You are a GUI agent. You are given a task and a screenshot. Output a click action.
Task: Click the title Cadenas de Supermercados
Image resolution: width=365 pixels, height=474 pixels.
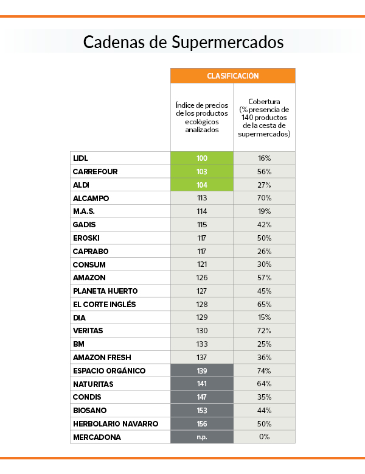click(182, 42)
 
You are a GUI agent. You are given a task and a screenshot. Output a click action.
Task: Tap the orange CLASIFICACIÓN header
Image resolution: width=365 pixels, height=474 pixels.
click(233, 76)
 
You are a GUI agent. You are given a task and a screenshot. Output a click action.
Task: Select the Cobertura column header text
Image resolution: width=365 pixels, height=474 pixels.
click(264, 117)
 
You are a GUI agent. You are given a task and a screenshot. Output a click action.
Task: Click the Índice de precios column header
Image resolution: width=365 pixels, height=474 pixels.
click(202, 117)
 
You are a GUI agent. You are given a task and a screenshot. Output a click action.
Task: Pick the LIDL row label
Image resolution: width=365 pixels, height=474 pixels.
click(80, 158)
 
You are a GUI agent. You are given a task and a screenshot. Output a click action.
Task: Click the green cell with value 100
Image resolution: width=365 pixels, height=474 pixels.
click(202, 158)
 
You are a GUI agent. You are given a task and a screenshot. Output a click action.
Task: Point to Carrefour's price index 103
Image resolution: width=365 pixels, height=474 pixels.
click(202, 172)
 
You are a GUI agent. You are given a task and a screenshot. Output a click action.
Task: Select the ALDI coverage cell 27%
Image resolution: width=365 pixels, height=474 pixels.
click(264, 185)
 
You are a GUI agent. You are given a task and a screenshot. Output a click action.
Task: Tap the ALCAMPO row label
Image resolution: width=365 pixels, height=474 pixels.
click(91, 199)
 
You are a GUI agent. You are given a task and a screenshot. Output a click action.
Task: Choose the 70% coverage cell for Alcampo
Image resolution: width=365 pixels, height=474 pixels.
click(264, 199)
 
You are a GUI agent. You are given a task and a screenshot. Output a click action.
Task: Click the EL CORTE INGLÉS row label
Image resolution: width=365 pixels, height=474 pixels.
click(104, 305)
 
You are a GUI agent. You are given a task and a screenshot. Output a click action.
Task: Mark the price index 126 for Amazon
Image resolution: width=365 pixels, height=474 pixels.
click(202, 278)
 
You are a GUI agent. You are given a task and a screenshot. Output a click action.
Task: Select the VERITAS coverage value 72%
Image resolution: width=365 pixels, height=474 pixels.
click(264, 331)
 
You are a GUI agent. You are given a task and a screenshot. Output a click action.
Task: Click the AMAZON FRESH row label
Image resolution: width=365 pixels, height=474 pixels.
click(102, 358)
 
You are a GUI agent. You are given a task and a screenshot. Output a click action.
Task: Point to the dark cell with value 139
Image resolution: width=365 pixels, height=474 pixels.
click(202, 371)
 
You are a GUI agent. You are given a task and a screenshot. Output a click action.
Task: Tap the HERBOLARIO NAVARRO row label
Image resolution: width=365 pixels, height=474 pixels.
click(115, 424)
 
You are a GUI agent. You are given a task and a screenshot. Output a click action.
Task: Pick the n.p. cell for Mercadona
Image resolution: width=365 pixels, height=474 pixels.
click(202, 437)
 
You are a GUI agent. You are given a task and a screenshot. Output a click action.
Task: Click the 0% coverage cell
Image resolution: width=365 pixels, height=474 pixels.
click(264, 437)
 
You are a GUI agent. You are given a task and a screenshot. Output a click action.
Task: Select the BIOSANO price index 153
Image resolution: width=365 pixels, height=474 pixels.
click(202, 411)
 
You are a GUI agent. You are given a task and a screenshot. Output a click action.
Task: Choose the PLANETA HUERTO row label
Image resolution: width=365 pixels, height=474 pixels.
click(105, 291)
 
